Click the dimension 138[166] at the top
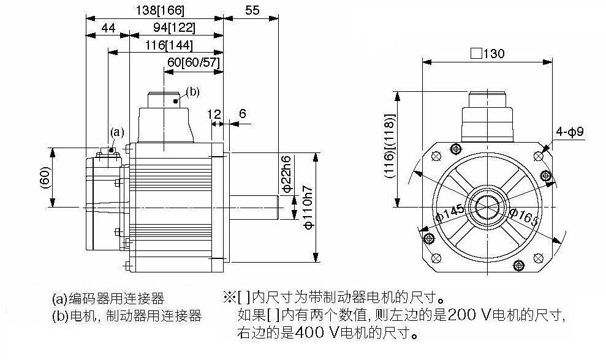pos(160,10)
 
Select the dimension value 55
pos(252,10)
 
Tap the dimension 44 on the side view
pos(108,28)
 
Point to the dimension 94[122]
pos(174,28)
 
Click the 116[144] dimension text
pos(169,45)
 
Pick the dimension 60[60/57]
pos(193,62)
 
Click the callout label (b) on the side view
pos(192,92)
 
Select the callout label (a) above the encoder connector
pos(118,132)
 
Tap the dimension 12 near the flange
pos(214,114)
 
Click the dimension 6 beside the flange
pos(242,113)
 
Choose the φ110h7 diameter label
pos(308,207)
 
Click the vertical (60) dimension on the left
pos(45,178)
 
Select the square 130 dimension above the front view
pos(487,53)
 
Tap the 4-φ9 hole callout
pos(570,132)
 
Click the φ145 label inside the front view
pos(450,214)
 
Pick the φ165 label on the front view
pos(524,217)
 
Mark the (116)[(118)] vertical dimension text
pos(390,146)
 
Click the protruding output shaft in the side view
pos(254,207)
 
